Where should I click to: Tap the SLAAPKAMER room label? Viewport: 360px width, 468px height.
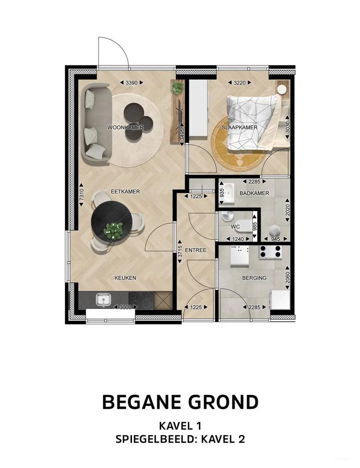pos(239,128)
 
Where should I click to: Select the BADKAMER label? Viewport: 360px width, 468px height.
pos(254,193)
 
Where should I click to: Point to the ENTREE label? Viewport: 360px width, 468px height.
pos(196,250)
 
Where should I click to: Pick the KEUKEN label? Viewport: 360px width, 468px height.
pos(125,278)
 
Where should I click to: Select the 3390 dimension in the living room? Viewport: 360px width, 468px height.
pos(131,83)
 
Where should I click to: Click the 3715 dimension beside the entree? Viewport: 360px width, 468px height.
pos(180,252)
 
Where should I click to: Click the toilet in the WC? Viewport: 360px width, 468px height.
pos(244,225)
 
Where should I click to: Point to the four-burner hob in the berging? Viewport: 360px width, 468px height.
pos(270,252)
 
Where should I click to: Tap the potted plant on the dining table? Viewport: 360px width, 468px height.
pos(113,230)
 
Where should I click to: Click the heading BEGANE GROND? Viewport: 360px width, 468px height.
pos(180,402)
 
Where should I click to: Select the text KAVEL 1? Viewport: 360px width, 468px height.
pos(180,426)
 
